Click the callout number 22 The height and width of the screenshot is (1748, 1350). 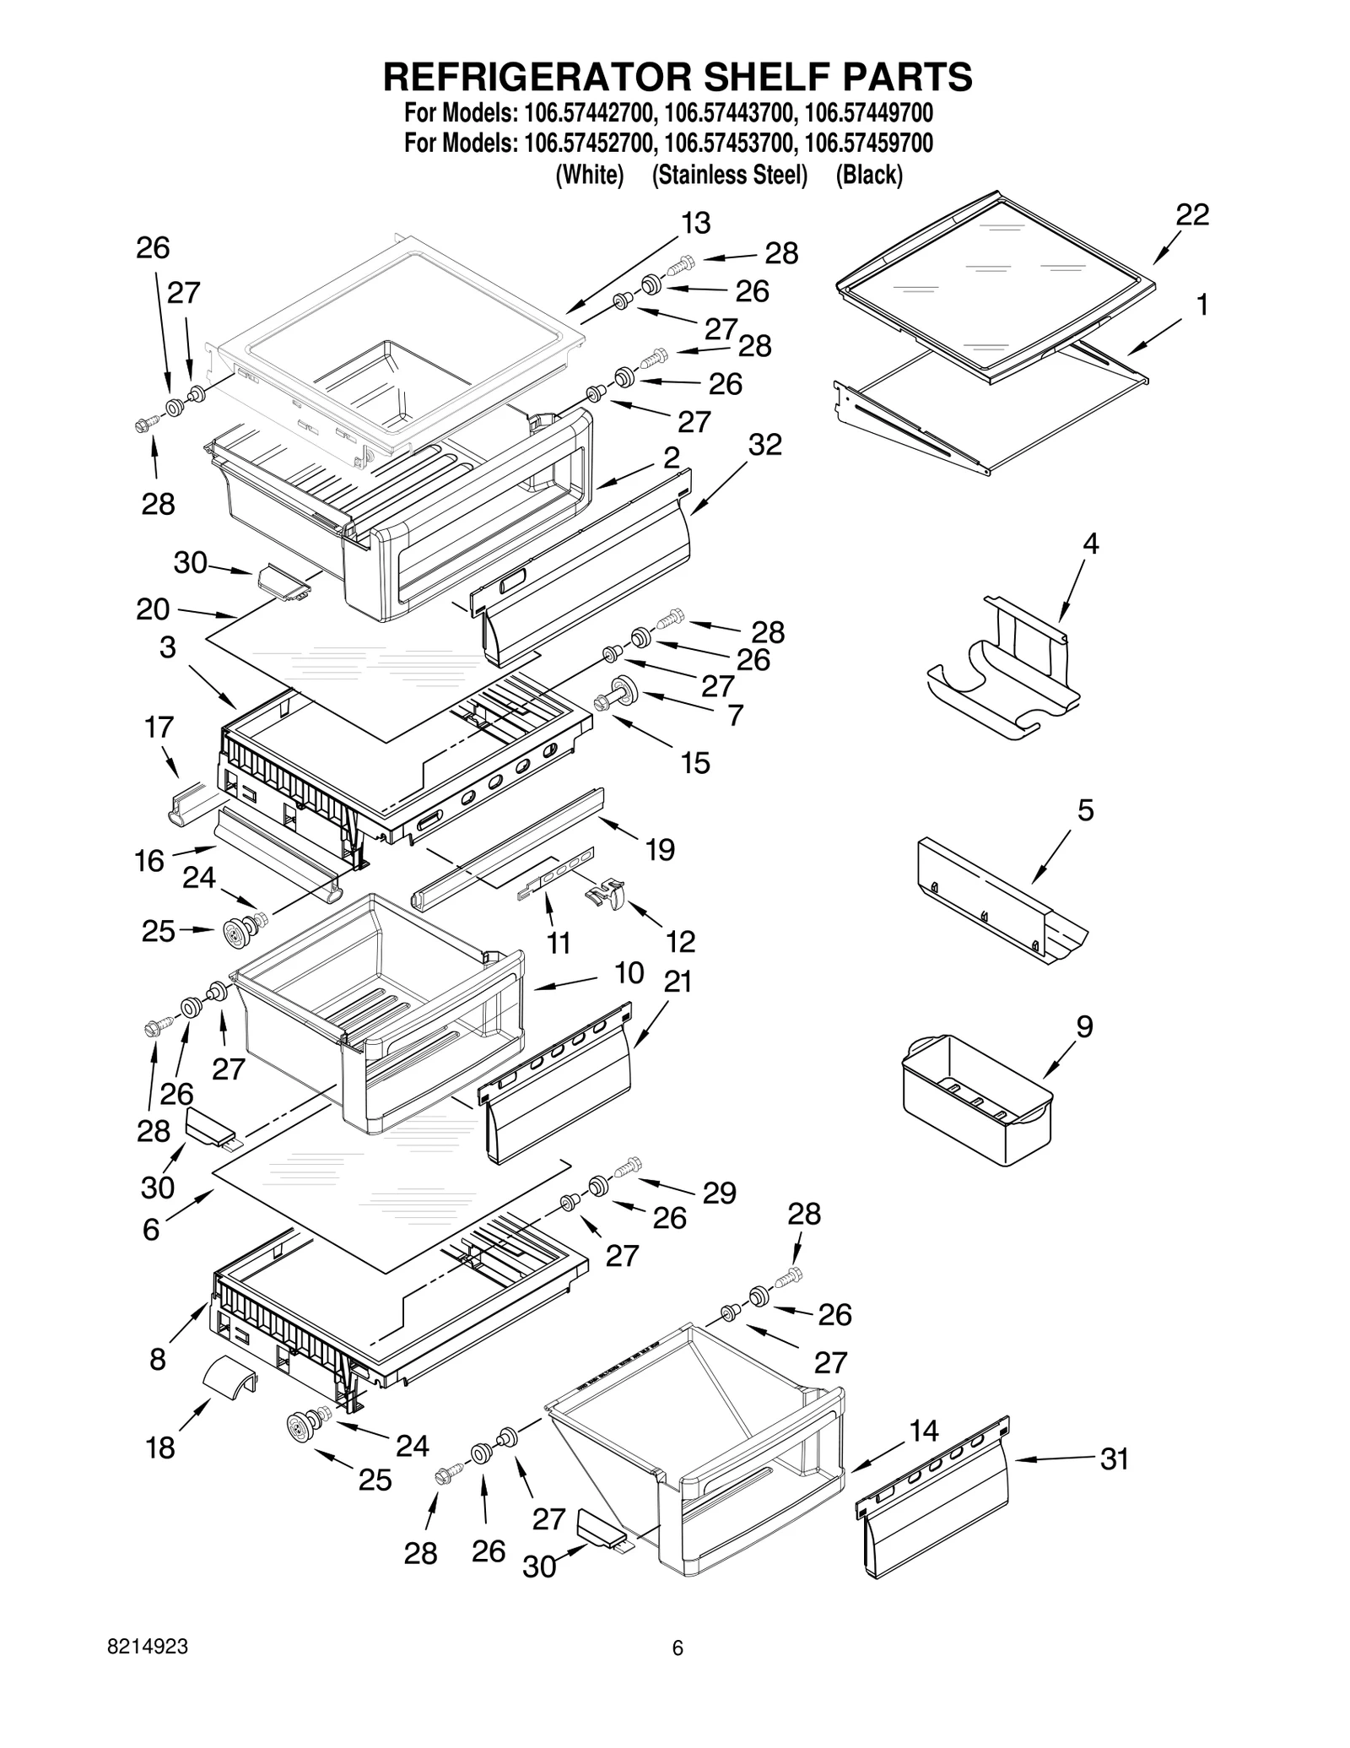[x=1191, y=214]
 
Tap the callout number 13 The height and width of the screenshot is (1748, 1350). [x=695, y=224]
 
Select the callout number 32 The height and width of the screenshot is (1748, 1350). [x=764, y=445]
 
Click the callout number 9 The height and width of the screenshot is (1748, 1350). [x=1083, y=1026]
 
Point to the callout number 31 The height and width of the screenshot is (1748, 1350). [x=1114, y=1458]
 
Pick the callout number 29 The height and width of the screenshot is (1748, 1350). [x=719, y=1193]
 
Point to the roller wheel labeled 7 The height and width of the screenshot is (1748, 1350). [x=626, y=689]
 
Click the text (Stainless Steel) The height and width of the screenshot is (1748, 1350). [x=730, y=176]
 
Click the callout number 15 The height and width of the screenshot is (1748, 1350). [x=695, y=763]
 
